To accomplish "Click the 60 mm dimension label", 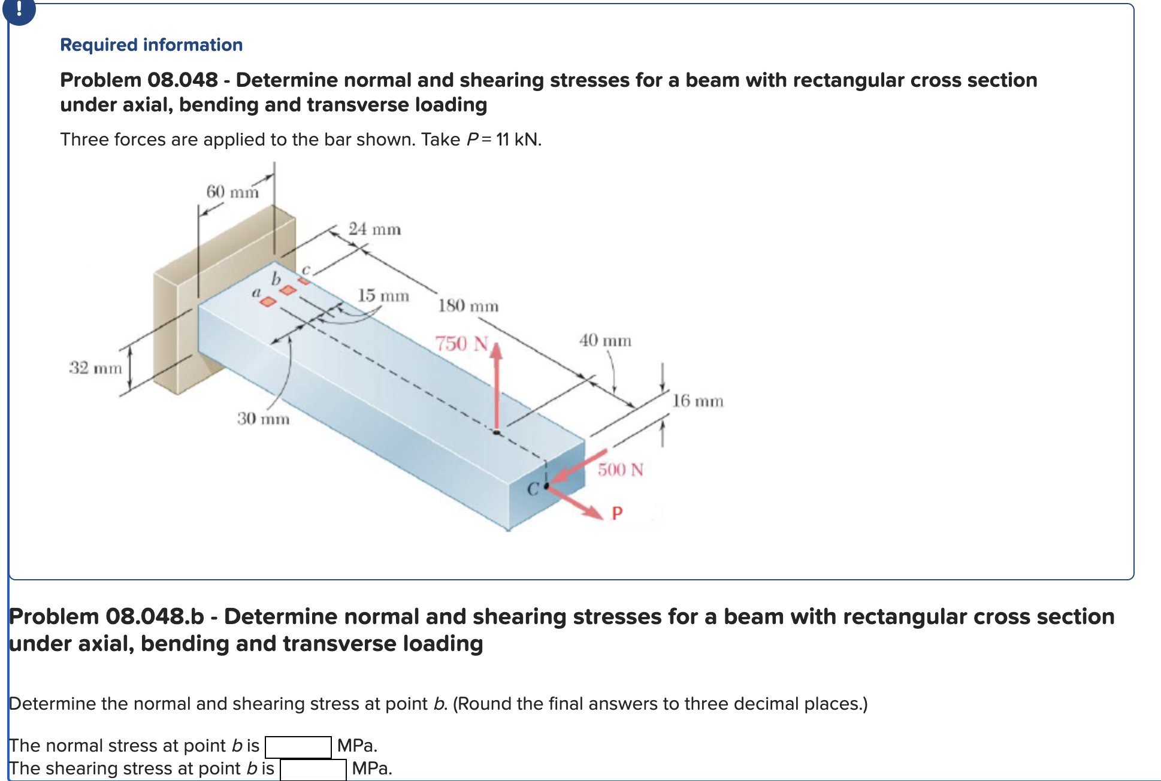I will tap(232, 192).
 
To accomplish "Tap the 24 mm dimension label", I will tap(374, 229).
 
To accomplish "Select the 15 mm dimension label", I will tap(383, 295).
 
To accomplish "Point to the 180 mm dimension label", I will tap(468, 305).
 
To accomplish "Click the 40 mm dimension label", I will tap(604, 340).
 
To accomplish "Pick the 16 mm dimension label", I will tap(697, 401).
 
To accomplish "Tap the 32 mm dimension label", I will tap(95, 367).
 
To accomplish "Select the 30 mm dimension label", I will tap(263, 418).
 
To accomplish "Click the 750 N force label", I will tap(461, 343).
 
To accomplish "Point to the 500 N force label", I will tap(620, 469).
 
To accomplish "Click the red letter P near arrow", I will tap(617, 513).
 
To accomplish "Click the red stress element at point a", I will tap(268, 301).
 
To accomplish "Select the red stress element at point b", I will tap(288, 290).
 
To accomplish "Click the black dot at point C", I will tap(546, 486).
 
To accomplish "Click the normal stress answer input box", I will tap(298, 747).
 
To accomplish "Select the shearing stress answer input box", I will tap(313, 770).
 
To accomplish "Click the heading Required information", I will tap(151, 45).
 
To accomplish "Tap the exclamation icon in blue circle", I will tap(19, 9).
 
